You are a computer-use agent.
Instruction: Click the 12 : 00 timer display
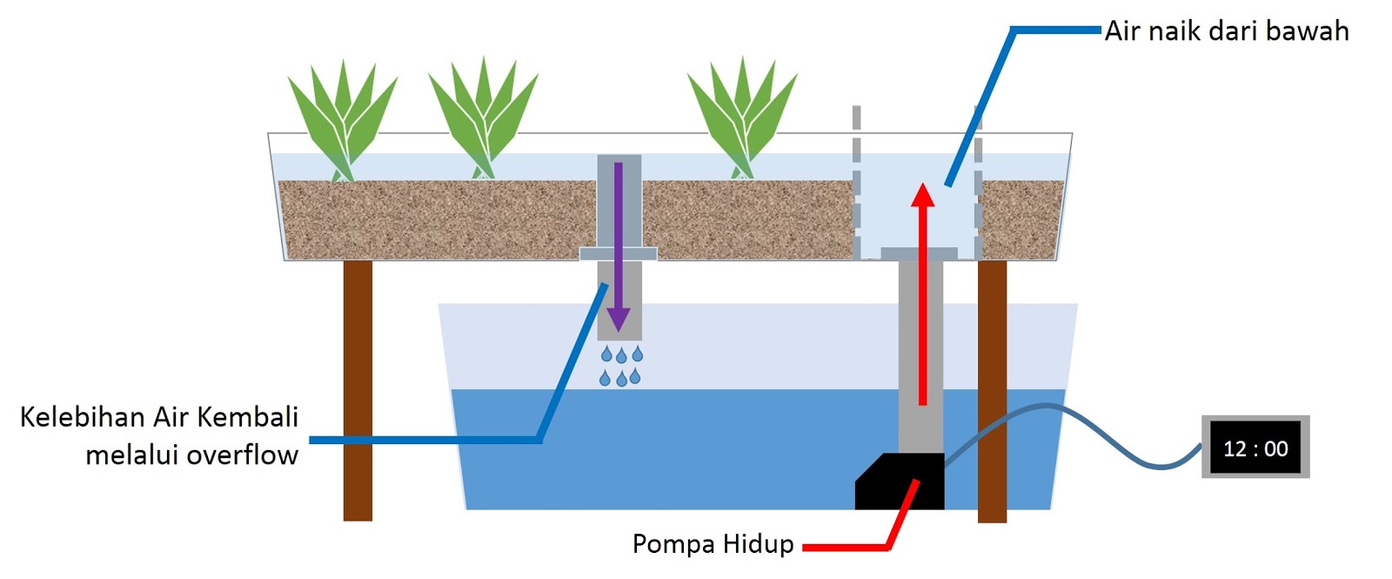pyautogui.click(x=1255, y=448)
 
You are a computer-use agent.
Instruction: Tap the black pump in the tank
pyautogui.click(x=900, y=483)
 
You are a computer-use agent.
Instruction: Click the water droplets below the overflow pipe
pyautogui.click(x=621, y=366)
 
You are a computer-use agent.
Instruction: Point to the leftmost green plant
pyautogui.click(x=342, y=118)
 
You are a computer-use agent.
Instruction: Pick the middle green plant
pyautogui.click(x=483, y=118)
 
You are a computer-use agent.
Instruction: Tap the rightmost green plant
pyautogui.click(x=741, y=118)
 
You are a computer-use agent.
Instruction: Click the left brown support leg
pyautogui.click(x=358, y=392)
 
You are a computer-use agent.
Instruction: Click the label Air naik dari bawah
pyautogui.click(x=1227, y=31)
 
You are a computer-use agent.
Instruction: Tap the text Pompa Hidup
pyautogui.click(x=713, y=544)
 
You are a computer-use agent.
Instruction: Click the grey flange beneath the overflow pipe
pyautogui.click(x=618, y=253)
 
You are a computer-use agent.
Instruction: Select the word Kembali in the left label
pyautogui.click(x=248, y=417)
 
